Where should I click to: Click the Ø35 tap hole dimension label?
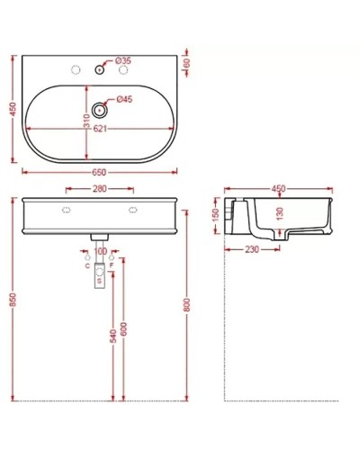click(x=125, y=60)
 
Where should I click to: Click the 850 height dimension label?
click(x=13, y=297)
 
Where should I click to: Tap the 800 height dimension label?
click(x=186, y=297)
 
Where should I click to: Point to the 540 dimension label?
click(x=112, y=336)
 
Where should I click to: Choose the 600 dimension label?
click(x=124, y=330)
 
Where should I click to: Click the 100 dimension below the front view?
click(x=101, y=252)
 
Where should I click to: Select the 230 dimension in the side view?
click(x=251, y=250)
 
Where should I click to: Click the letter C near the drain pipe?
click(x=86, y=267)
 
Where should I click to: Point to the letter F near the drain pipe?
click(x=112, y=267)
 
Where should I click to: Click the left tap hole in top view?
click(x=67, y=68)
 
